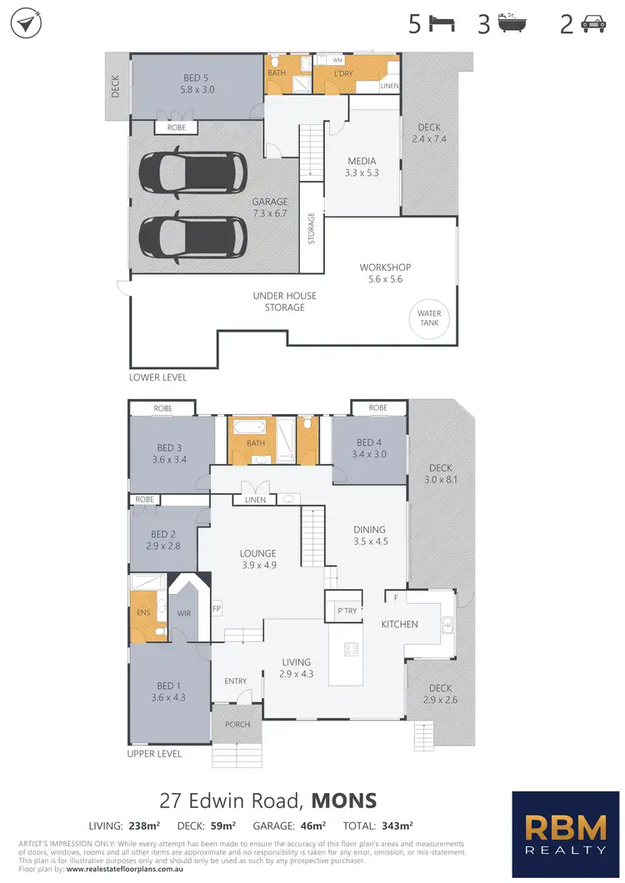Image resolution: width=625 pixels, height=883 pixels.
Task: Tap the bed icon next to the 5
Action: click(x=442, y=24)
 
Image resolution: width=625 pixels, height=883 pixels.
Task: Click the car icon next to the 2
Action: click(x=592, y=24)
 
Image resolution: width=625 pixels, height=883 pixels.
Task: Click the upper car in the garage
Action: click(x=192, y=172)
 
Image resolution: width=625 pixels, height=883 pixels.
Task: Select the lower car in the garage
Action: click(x=192, y=237)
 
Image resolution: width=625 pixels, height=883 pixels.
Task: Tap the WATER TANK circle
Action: click(x=430, y=319)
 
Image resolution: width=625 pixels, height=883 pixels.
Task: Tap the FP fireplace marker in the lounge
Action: click(x=216, y=608)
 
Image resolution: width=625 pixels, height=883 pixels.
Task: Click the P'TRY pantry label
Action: click(x=346, y=610)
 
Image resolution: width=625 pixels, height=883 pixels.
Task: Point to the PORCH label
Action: click(x=237, y=724)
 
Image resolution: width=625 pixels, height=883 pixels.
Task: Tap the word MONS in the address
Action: click(x=343, y=801)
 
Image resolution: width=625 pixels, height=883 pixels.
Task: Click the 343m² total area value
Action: click(x=397, y=826)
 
